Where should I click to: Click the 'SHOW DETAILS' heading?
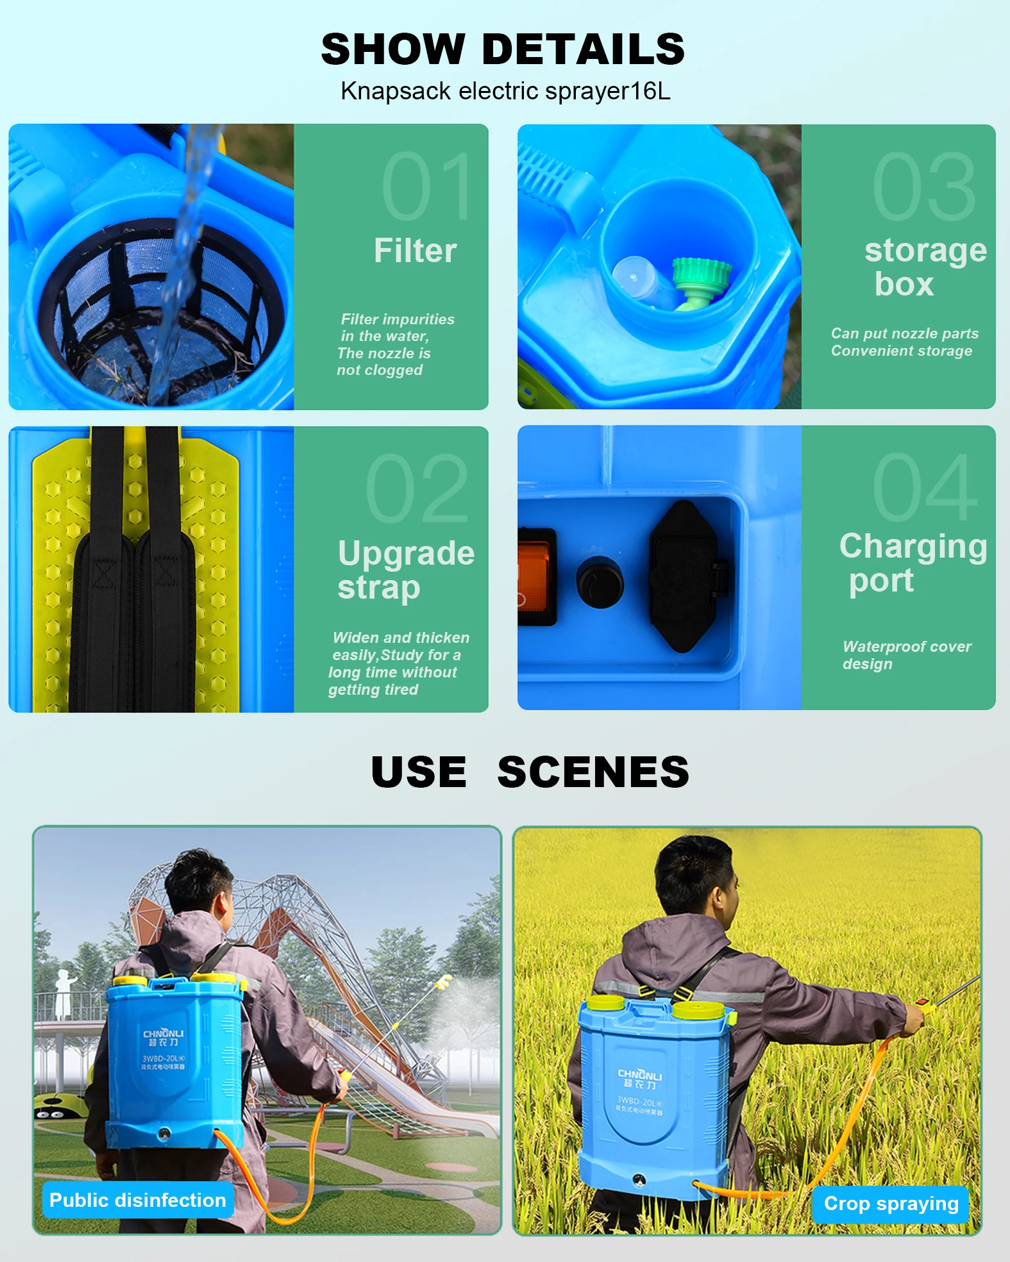[503, 49]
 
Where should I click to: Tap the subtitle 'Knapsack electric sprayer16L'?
[505, 91]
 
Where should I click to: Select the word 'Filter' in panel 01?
[415, 250]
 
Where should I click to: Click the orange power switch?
[536, 576]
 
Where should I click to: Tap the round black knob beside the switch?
[600, 582]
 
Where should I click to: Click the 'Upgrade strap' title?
[405, 570]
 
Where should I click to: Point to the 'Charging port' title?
[912, 563]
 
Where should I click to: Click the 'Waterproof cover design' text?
[905, 655]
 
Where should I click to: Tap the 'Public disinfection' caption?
[137, 1200]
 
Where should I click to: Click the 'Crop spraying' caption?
[891, 1204]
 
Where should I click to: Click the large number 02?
[417, 488]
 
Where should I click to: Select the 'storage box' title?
[923, 267]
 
